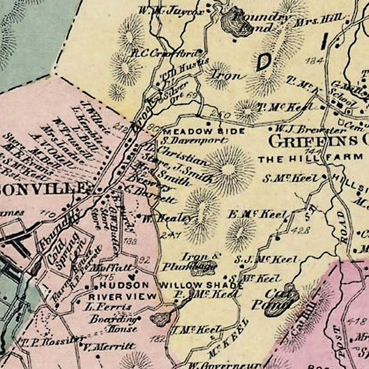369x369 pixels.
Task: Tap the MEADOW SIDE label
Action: point(204,132)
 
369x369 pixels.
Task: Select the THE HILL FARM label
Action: point(310,157)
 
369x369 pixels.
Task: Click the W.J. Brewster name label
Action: point(311,130)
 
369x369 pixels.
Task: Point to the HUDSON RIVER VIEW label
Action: point(123,291)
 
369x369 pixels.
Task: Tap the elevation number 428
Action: point(302,230)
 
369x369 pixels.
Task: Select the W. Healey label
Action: point(167,219)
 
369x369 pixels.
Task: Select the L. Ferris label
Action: point(108,306)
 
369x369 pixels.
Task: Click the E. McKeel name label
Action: point(262,214)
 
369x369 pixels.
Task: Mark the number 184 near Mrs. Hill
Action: point(315,61)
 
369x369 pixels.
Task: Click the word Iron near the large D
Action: point(225,75)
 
